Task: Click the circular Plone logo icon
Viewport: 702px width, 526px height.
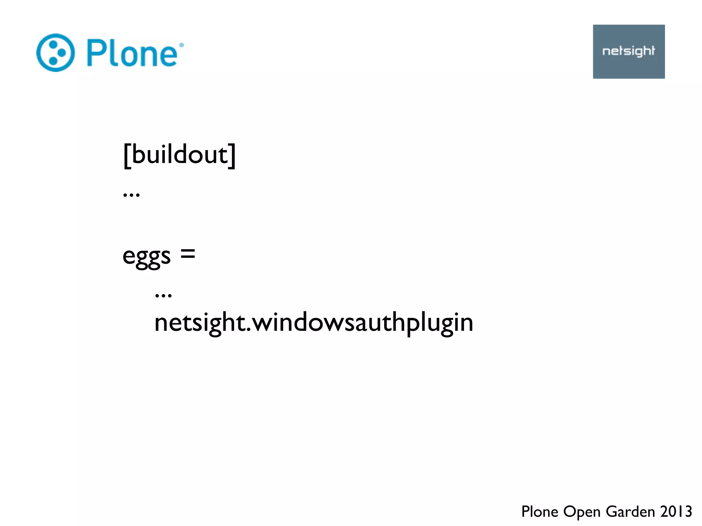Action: tap(55, 53)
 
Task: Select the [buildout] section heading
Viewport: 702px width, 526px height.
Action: tap(179, 155)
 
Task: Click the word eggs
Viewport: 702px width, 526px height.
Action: tap(146, 256)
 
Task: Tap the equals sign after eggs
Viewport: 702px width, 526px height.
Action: tap(188, 254)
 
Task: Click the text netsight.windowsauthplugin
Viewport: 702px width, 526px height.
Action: tap(314, 323)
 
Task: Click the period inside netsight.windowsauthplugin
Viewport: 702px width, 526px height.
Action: tap(249, 331)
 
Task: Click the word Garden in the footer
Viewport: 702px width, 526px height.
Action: tap(630, 512)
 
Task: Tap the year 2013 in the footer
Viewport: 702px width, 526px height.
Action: tap(676, 512)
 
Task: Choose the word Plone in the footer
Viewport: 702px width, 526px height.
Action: tap(540, 512)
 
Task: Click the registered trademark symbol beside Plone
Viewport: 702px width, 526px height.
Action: tap(181, 45)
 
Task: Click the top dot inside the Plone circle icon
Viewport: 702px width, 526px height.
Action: tap(53, 44)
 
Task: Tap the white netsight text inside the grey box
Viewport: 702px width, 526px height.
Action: tap(629, 51)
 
